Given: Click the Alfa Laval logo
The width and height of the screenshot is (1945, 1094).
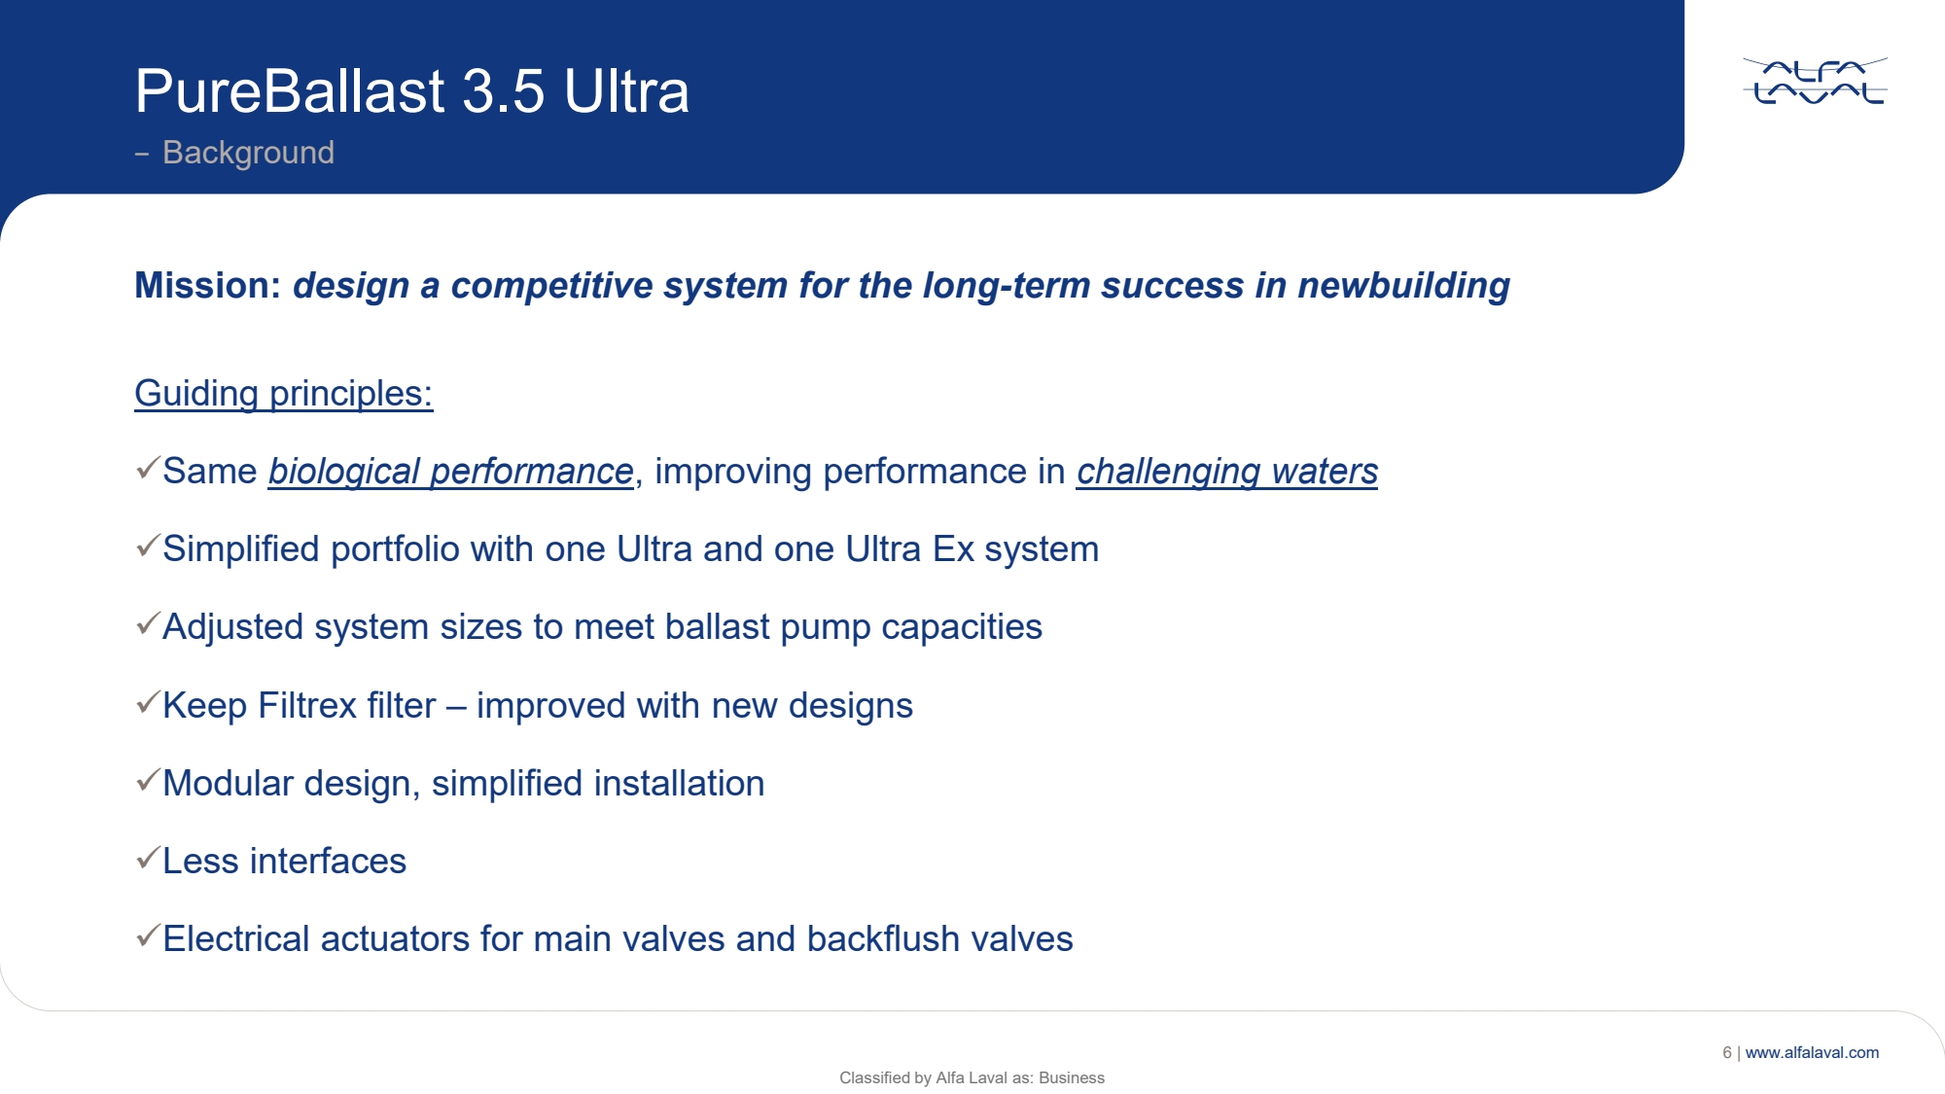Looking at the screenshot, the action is tap(1815, 81).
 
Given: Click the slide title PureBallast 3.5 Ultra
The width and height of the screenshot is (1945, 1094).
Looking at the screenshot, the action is tap(412, 91).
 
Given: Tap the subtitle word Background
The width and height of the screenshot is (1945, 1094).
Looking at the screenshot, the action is tap(248, 153).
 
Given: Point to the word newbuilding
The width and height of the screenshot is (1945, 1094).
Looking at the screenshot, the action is tap(1403, 286).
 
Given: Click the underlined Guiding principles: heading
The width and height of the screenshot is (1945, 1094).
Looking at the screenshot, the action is tap(283, 394).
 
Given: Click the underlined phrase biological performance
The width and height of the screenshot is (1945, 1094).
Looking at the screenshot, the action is tap(451, 472).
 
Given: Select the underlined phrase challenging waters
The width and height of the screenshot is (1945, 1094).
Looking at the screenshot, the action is tap(1227, 472).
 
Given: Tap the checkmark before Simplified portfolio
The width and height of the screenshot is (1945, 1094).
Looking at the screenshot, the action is tap(148, 546).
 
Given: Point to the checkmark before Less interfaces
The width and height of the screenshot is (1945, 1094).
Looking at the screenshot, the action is tap(148, 858).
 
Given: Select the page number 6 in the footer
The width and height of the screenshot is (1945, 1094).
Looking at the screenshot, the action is tap(1727, 1052).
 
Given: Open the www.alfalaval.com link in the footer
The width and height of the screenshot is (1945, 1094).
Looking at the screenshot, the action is tap(1812, 1052).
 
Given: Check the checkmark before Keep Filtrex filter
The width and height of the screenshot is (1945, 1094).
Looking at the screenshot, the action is tap(148, 702).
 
